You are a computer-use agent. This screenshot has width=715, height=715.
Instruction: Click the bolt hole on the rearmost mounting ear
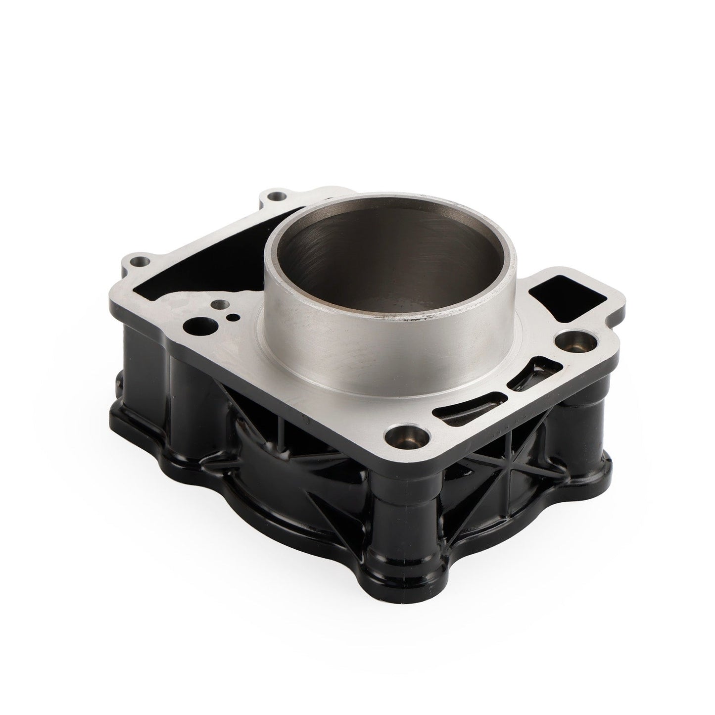[x=278, y=197]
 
